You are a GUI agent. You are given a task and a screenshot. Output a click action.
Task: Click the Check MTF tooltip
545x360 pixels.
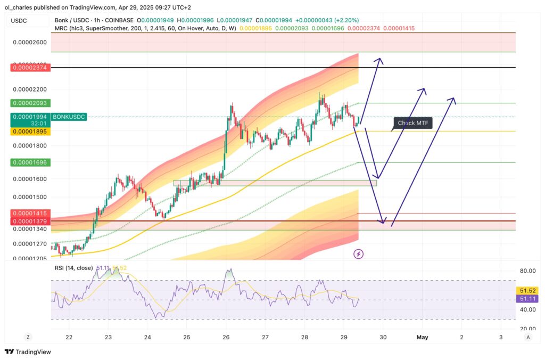(x=412, y=124)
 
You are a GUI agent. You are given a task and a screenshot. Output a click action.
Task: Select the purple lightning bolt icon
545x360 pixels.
(x=359, y=254)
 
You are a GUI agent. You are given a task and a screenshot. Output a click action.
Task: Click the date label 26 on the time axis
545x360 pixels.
(x=226, y=337)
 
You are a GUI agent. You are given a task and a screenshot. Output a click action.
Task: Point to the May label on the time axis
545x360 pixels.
(x=423, y=337)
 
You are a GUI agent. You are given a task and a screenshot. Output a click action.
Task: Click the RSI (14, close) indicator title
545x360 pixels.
(x=74, y=268)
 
